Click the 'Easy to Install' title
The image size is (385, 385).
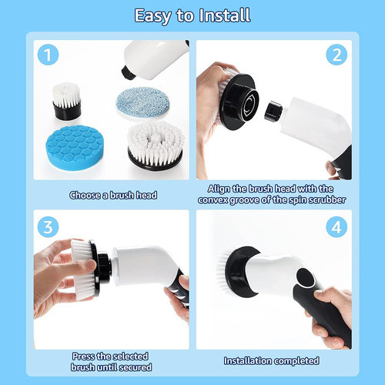(x=192, y=15)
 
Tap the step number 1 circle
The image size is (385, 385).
(x=48, y=55)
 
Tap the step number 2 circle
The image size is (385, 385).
(x=336, y=55)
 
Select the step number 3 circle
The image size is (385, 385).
(x=48, y=227)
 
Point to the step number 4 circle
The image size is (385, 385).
(x=336, y=227)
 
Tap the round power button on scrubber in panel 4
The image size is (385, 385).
(x=303, y=278)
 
